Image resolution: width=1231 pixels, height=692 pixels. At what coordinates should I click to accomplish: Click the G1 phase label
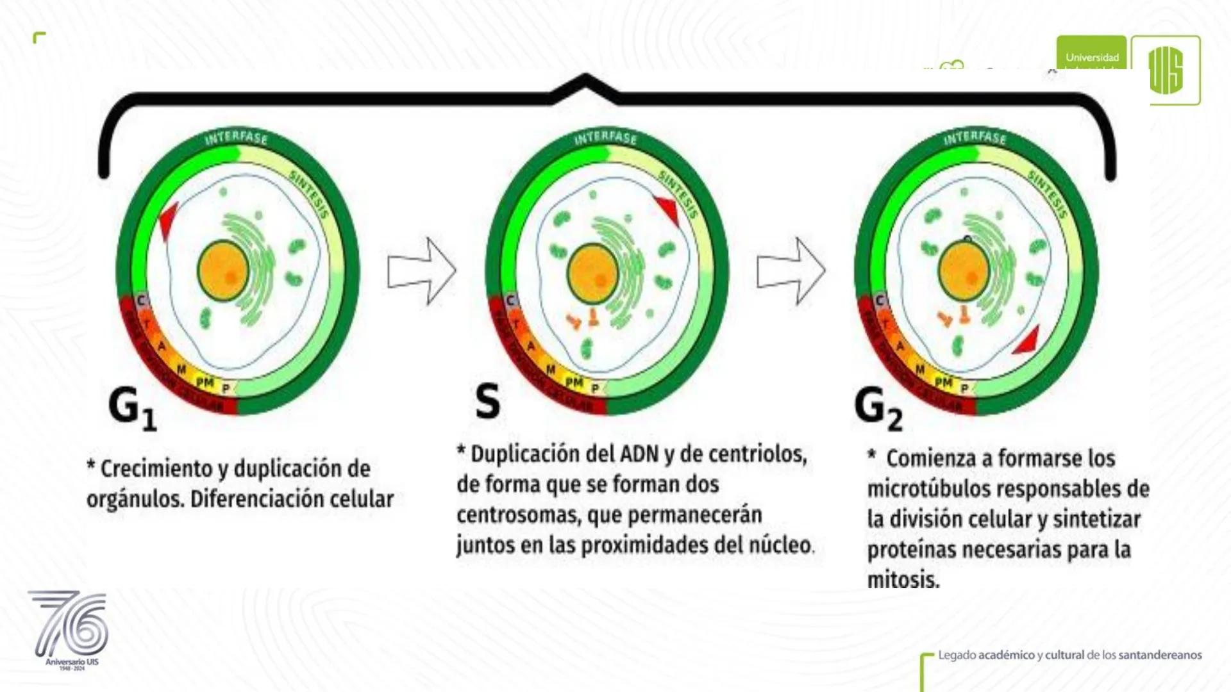pos(132,408)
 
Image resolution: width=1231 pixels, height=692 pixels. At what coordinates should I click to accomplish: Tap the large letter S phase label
pos(487,402)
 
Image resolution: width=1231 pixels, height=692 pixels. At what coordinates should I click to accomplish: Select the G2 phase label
pos(878,408)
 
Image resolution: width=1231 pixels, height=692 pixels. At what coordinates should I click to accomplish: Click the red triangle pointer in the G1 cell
pos(169,220)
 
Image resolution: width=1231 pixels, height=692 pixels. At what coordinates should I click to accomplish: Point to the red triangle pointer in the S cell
pos(668,210)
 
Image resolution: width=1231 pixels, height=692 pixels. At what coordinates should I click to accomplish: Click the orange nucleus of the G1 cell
pos(222,270)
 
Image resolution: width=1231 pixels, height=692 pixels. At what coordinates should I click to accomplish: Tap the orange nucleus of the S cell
pos(592,274)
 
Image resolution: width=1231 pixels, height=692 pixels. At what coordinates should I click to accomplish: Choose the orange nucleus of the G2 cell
pos(963,270)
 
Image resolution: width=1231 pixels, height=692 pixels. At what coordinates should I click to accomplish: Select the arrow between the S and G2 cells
pos(791,271)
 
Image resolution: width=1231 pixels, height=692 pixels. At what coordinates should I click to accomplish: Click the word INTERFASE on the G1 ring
pos(236,138)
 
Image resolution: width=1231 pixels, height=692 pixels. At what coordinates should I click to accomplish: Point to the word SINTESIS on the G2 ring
pos(1048,194)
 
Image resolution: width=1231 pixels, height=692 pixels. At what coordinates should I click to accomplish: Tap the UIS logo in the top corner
pos(1165,70)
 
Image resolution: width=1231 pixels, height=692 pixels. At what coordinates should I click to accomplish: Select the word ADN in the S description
pos(640,454)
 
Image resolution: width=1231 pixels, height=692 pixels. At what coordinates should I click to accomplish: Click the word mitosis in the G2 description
pos(903,580)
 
